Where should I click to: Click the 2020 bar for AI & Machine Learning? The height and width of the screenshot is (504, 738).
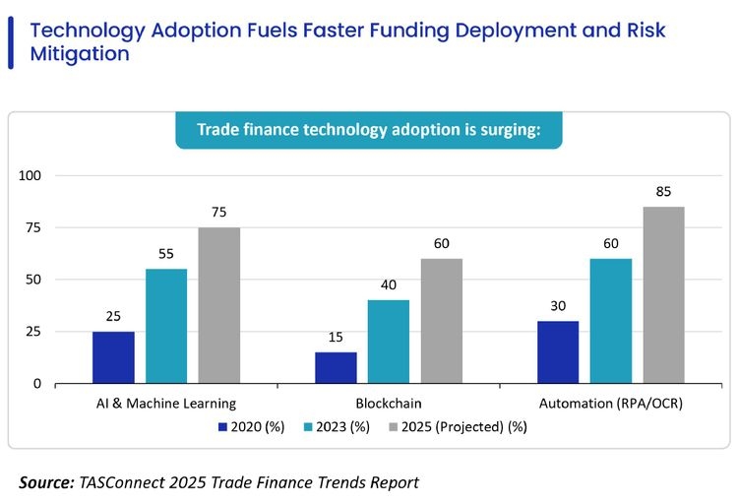(113, 357)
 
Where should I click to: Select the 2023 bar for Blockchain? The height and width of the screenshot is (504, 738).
(389, 342)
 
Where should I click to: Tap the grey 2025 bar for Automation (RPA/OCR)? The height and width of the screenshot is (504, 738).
(663, 294)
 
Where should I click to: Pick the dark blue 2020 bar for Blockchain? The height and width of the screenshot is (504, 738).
(336, 367)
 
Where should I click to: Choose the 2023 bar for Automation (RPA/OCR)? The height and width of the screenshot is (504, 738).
(610, 321)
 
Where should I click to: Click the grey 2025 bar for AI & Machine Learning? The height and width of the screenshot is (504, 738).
(218, 305)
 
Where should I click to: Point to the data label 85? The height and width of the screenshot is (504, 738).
(663, 192)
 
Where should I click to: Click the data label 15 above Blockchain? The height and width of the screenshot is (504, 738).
(336, 338)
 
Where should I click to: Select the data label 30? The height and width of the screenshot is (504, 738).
(558, 306)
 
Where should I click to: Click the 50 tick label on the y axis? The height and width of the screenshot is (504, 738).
(33, 280)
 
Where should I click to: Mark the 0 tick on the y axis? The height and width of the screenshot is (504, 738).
(37, 383)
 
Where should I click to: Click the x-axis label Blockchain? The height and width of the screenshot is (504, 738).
(389, 404)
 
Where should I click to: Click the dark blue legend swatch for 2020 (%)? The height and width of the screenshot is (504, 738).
(223, 427)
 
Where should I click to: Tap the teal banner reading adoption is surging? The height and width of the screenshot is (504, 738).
(369, 130)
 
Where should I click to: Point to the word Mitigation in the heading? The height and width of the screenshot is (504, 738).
(80, 55)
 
